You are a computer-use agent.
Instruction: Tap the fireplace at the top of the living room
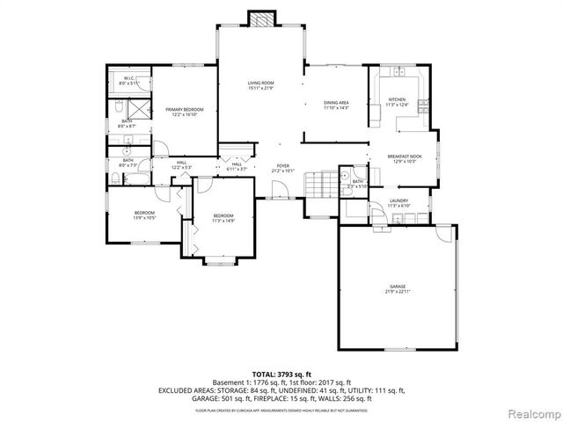[x=260, y=19]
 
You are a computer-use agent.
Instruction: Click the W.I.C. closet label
[x=128, y=81]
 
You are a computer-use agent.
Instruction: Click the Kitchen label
[x=397, y=102]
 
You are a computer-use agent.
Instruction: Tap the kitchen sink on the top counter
[x=398, y=70]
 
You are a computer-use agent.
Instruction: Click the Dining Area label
[x=337, y=105]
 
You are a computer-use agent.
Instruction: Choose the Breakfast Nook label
[x=405, y=158]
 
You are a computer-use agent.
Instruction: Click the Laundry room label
[x=400, y=203]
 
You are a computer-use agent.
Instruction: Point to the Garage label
[x=398, y=287]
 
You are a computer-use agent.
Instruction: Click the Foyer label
[x=282, y=167]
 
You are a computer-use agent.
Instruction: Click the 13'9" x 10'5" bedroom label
[x=145, y=215]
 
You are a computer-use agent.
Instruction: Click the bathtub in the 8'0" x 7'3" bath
[x=137, y=178]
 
